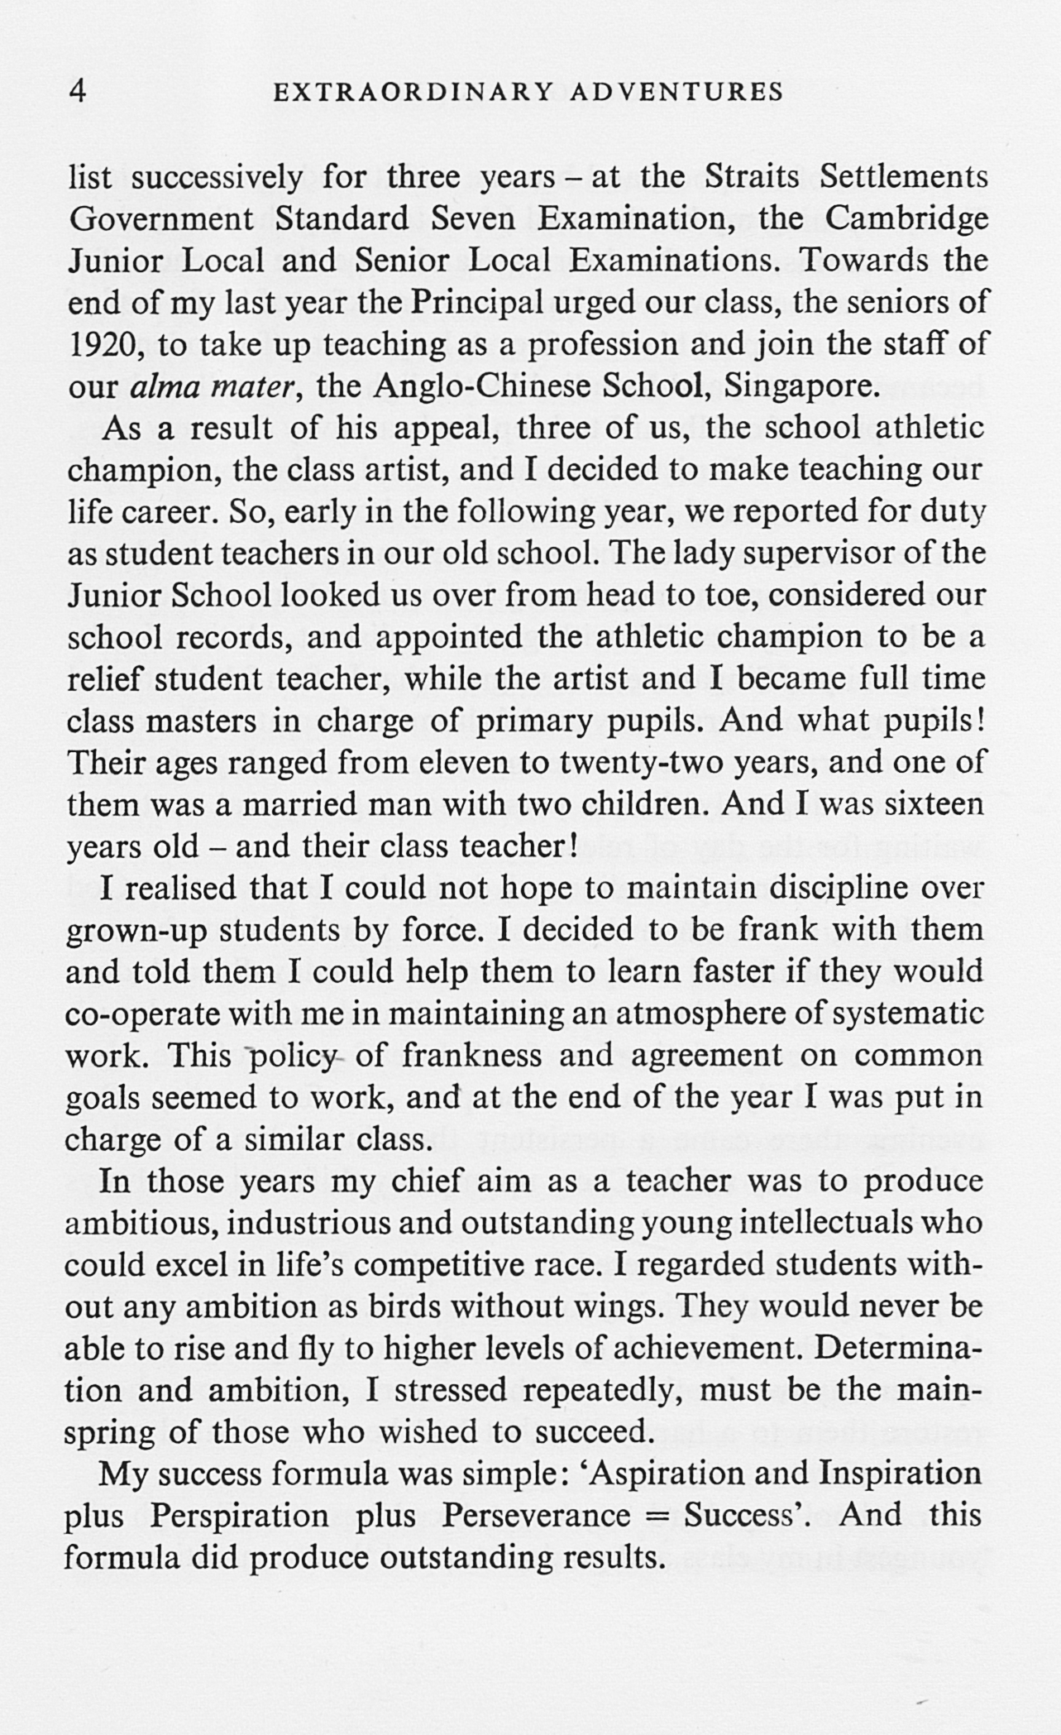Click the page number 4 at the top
(78, 90)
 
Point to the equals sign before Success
(656, 1517)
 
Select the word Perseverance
(536, 1516)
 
